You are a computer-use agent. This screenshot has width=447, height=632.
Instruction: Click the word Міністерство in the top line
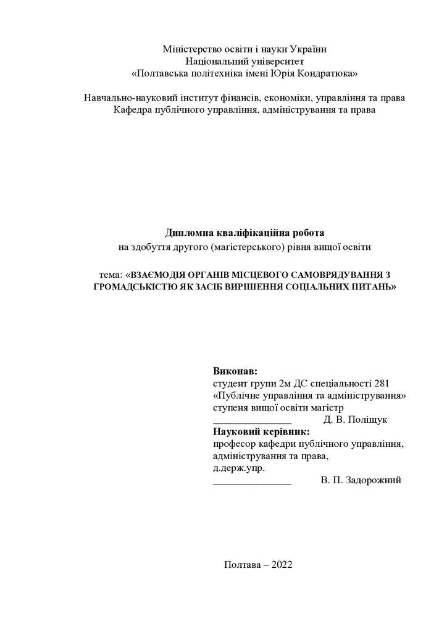point(190,49)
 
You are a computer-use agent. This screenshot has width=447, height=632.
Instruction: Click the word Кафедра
point(132,110)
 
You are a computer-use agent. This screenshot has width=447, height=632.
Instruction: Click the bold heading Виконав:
point(235,371)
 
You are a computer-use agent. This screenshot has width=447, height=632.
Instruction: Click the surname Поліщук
point(368,420)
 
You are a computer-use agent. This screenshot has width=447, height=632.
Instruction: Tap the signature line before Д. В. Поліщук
point(251,422)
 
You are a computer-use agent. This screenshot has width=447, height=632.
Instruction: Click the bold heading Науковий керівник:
point(261,431)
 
